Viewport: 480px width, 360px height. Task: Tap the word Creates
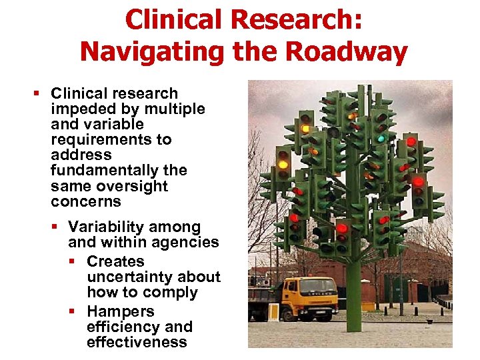115,261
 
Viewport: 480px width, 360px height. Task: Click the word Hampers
120,311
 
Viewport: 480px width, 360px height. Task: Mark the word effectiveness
137,342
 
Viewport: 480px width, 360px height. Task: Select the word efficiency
115,327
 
